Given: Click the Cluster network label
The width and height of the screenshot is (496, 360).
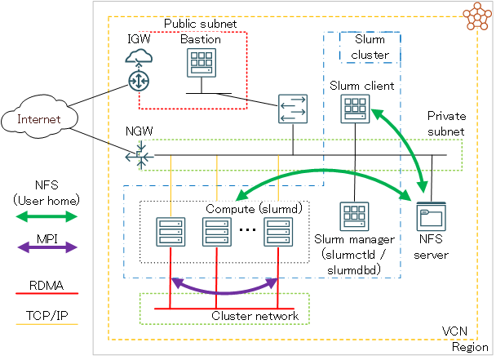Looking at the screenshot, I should [x=255, y=316].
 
